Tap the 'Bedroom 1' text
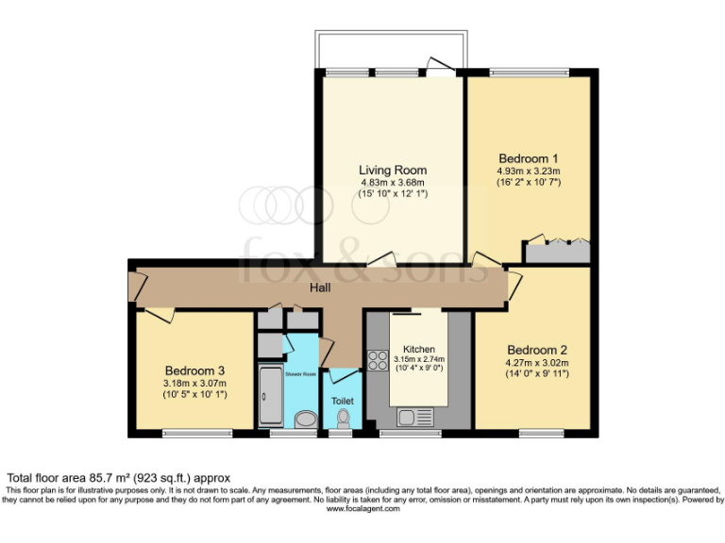[x=529, y=157]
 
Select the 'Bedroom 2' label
[x=536, y=348]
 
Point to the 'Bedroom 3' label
[x=194, y=370]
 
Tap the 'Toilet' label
[x=342, y=401]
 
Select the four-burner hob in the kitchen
[x=378, y=359]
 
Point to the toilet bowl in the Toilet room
[x=343, y=418]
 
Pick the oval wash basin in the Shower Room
[x=305, y=419]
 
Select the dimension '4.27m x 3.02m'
[x=536, y=361]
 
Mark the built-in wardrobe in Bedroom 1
[x=557, y=252]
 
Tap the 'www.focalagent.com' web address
[x=362, y=509]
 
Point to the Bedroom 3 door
[x=159, y=314]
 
